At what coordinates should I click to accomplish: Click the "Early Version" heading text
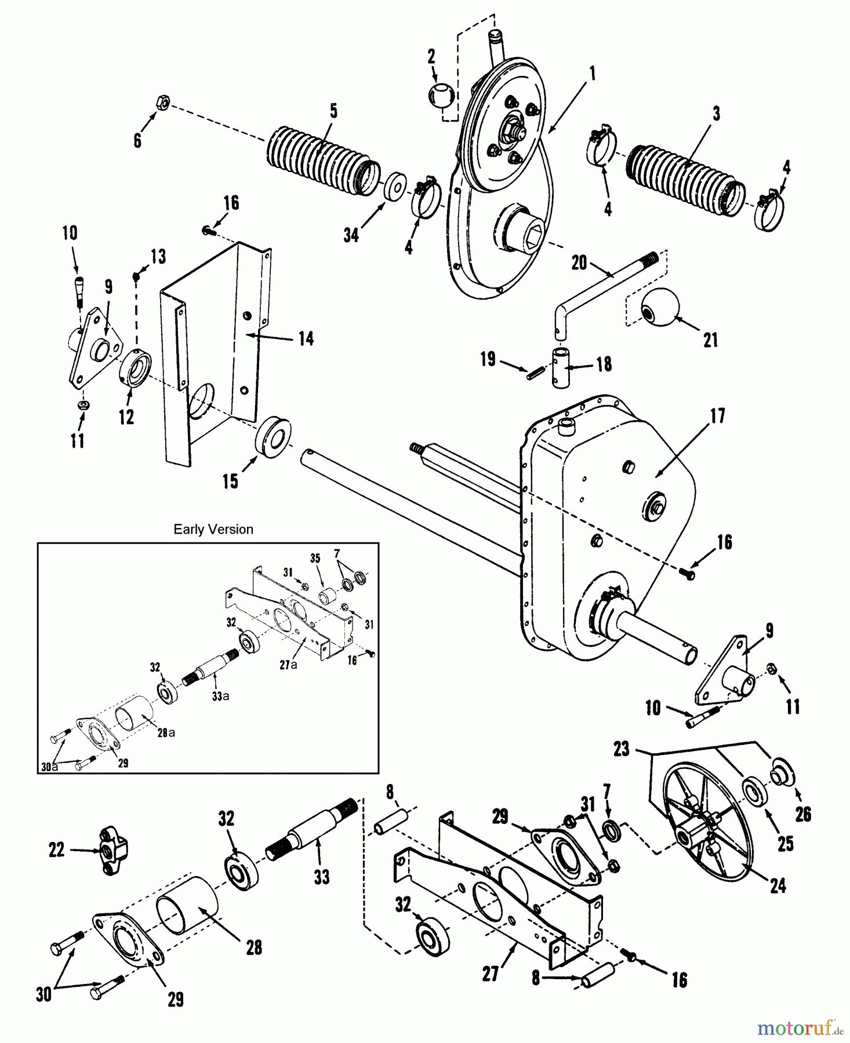click(213, 529)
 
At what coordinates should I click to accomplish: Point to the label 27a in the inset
click(288, 665)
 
